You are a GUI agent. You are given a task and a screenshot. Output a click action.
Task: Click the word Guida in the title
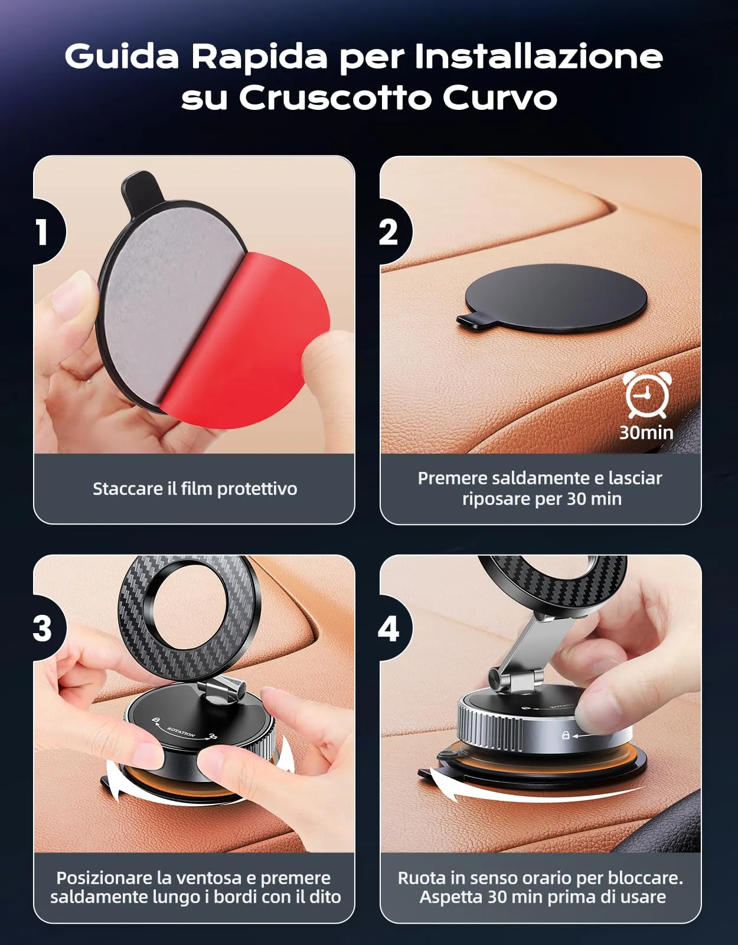tap(122, 57)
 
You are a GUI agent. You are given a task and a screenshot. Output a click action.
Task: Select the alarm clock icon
tap(646, 394)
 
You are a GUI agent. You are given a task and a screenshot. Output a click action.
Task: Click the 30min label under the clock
tap(646, 433)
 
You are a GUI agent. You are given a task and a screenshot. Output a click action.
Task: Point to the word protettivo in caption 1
tap(257, 489)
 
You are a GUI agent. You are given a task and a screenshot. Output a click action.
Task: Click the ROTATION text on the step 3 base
tap(182, 731)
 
